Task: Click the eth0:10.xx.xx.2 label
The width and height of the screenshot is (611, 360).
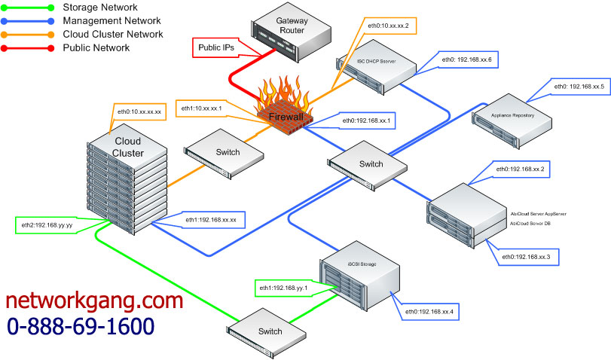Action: click(x=388, y=26)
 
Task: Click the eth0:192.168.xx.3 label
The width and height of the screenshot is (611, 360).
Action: click(x=526, y=257)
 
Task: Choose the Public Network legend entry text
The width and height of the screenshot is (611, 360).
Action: click(x=96, y=47)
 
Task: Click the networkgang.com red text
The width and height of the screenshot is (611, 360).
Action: click(x=94, y=301)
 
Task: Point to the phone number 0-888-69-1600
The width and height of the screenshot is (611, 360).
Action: click(x=81, y=326)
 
